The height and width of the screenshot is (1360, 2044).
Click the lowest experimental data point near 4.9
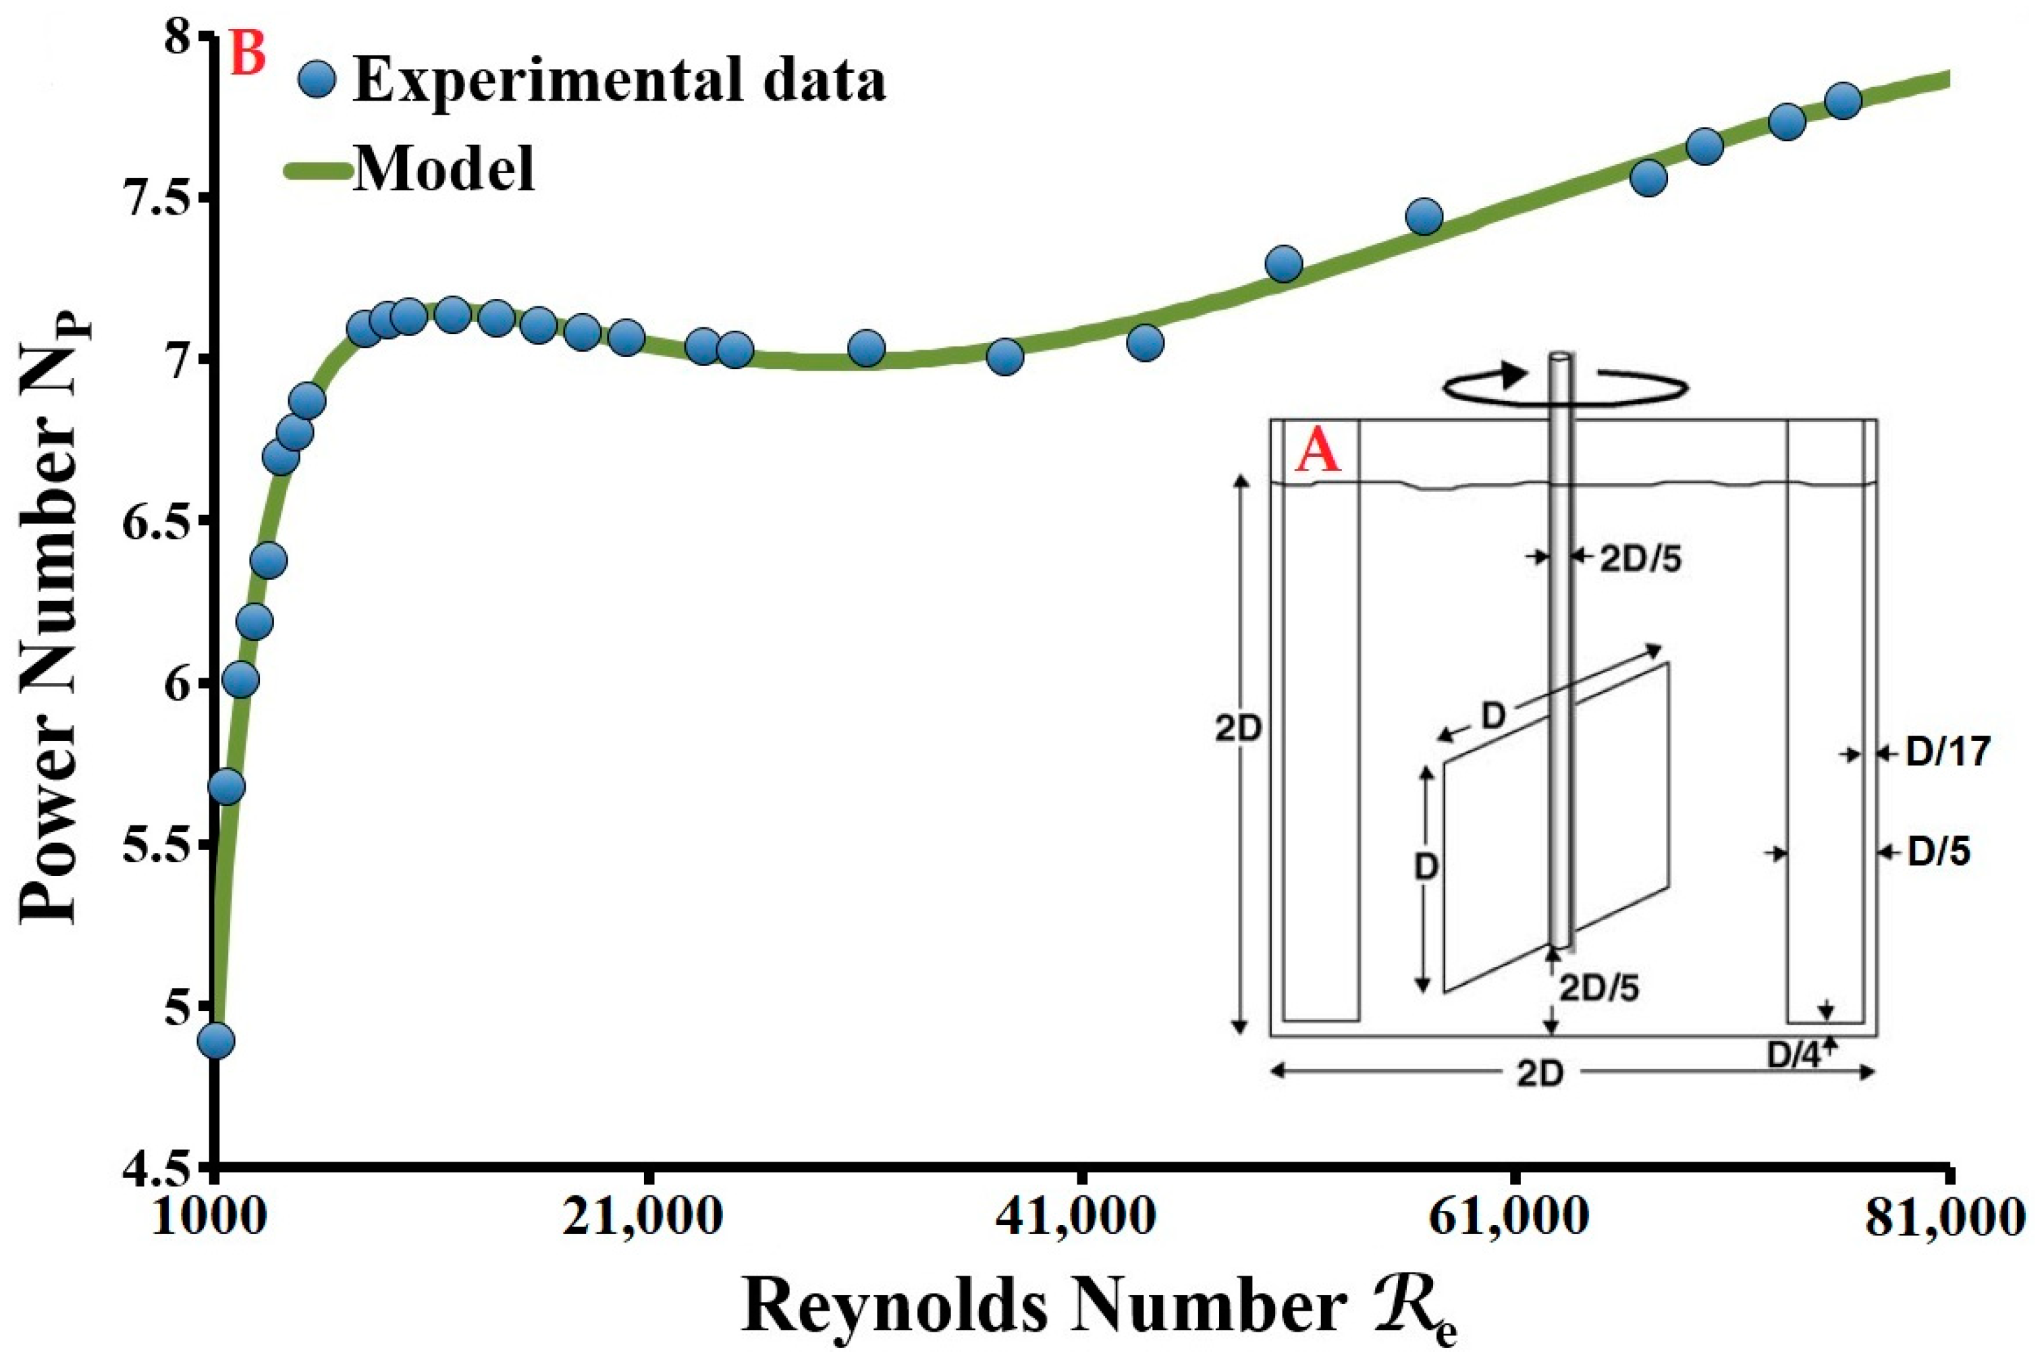pyautogui.click(x=216, y=1041)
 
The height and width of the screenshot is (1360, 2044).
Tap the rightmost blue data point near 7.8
pyautogui.click(x=1843, y=101)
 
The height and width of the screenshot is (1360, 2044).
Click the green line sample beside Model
pyautogui.click(x=317, y=170)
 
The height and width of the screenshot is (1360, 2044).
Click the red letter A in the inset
pyautogui.click(x=1317, y=454)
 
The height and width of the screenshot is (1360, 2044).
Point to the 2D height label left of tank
pyautogui.click(x=1236, y=730)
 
